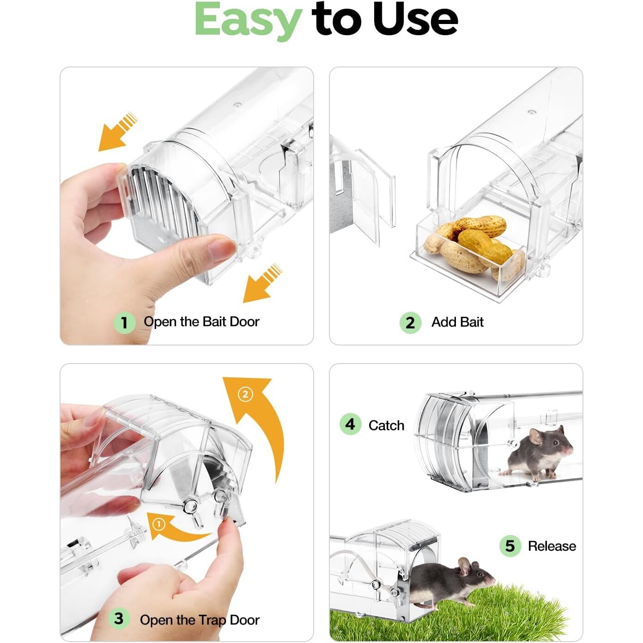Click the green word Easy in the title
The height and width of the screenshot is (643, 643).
[248, 21]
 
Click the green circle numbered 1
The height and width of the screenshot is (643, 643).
[124, 323]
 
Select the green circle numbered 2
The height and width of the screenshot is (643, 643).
[411, 323]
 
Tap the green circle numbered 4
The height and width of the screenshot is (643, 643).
[350, 424]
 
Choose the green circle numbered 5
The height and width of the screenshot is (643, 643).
[510, 546]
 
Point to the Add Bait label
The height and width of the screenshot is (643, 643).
[457, 322]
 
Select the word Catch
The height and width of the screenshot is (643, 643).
[387, 425]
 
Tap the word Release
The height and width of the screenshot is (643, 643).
[552, 546]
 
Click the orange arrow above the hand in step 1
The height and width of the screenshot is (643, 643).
[118, 132]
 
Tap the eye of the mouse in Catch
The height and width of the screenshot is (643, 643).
[555, 443]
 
